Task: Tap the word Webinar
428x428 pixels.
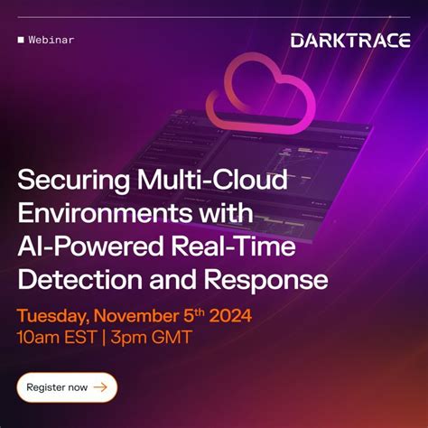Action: pyautogui.click(x=51, y=40)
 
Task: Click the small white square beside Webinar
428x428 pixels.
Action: pyautogui.click(x=20, y=40)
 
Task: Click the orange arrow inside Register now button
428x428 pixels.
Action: pyautogui.click(x=100, y=387)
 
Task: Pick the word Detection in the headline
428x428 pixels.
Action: pyautogui.click(x=71, y=281)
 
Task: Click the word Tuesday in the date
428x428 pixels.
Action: pyautogui.click(x=55, y=317)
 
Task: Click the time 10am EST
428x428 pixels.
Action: pyautogui.click(x=56, y=339)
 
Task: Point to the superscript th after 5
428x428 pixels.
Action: pyautogui.click(x=205, y=312)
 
